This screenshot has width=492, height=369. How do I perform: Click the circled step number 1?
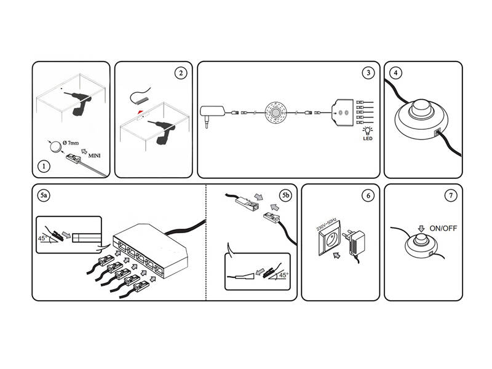(x=44, y=166)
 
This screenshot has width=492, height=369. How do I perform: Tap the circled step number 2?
(x=180, y=73)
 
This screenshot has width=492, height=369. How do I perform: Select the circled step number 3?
(x=368, y=73)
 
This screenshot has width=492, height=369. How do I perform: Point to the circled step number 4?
(x=395, y=73)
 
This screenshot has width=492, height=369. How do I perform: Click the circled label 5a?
(x=44, y=196)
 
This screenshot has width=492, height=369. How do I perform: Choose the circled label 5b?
(x=285, y=196)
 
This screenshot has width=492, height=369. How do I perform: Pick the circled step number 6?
(x=368, y=196)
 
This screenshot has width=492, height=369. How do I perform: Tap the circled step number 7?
(x=451, y=196)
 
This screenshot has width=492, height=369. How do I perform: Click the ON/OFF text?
(x=443, y=228)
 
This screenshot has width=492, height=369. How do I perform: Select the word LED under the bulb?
(x=368, y=138)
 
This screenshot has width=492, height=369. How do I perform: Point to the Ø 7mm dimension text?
(x=71, y=143)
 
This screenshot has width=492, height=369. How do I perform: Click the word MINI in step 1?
(x=95, y=156)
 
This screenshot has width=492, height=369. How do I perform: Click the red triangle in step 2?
(x=140, y=112)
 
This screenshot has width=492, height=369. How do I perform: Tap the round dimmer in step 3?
(x=276, y=113)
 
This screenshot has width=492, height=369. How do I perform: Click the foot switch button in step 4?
(x=421, y=108)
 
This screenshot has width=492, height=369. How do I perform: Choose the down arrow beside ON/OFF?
(x=421, y=228)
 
